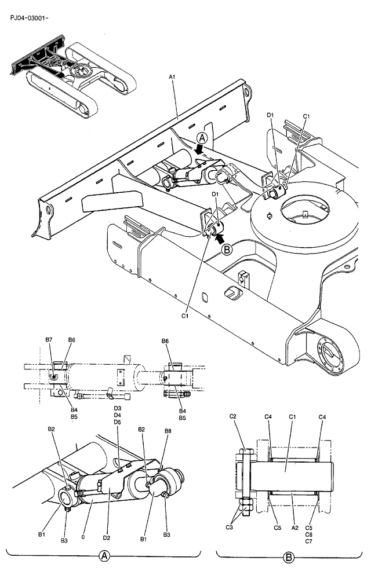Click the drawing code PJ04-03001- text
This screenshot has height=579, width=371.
point(30,18)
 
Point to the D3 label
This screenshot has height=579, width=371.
point(117,409)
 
